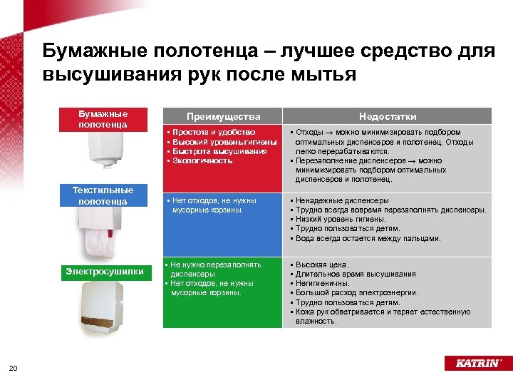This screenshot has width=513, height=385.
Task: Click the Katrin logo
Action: tap(472, 364)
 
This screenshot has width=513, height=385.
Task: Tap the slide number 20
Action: tap(13, 368)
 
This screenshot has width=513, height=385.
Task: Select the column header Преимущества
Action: tap(223, 116)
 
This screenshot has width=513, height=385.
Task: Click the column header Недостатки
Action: tap(388, 116)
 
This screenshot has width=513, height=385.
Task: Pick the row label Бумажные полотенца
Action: tap(103, 119)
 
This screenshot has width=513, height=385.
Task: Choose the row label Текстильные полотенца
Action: tap(103, 196)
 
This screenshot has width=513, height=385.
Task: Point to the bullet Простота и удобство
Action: tap(212, 133)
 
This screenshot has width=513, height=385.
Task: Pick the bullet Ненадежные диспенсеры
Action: tap(342, 201)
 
